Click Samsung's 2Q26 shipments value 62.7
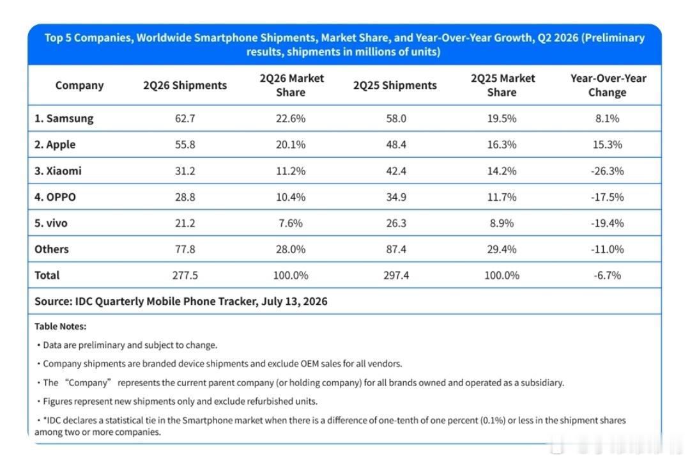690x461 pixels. click(185, 118)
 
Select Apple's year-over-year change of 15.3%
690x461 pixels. click(608, 145)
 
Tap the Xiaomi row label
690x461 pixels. click(58, 171)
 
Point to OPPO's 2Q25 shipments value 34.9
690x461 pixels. click(396, 197)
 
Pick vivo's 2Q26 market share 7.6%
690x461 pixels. click(291, 223)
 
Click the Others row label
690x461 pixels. click(52, 249)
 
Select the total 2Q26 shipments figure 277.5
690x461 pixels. click(185, 275)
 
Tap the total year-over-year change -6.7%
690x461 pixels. click(608, 275)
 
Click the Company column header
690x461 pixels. click(80, 85)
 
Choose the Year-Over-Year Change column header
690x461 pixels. click(608, 85)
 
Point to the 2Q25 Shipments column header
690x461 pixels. click(395, 85)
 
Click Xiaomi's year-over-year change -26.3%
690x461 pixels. click(608, 171)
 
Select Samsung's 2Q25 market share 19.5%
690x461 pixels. click(502, 118)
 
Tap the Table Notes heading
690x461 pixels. click(60, 326)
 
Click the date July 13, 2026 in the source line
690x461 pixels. click(295, 301)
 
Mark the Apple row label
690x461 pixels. click(55, 145)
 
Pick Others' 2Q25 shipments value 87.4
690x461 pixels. click(396, 249)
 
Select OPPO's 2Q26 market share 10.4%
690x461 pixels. click(291, 197)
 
